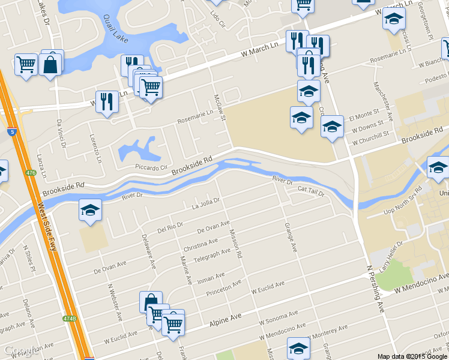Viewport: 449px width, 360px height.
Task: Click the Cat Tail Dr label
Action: (311, 191)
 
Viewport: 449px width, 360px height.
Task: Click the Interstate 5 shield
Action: (13, 131)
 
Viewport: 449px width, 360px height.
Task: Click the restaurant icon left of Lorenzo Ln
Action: (107, 101)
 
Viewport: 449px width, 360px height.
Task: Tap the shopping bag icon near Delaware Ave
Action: (151, 301)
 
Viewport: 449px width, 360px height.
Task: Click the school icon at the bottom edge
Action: (298, 347)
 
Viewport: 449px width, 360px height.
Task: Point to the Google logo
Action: (21, 350)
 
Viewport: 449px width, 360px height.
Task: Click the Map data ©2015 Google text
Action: (412, 356)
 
